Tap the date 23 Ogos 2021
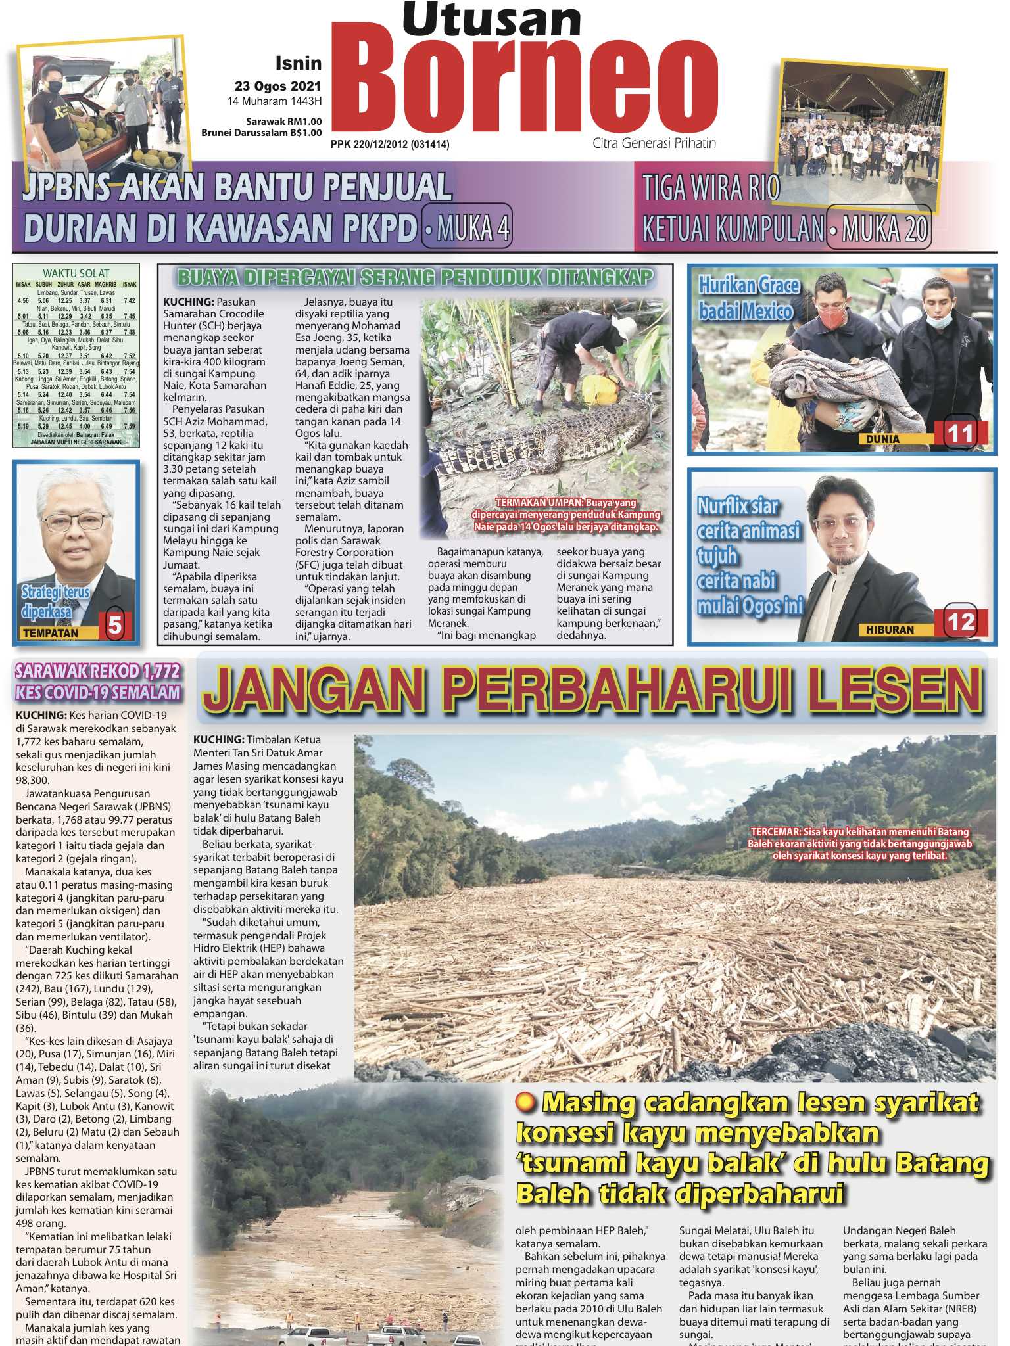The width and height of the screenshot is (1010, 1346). coord(278,85)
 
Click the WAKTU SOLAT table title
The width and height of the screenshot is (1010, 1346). coord(76,273)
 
